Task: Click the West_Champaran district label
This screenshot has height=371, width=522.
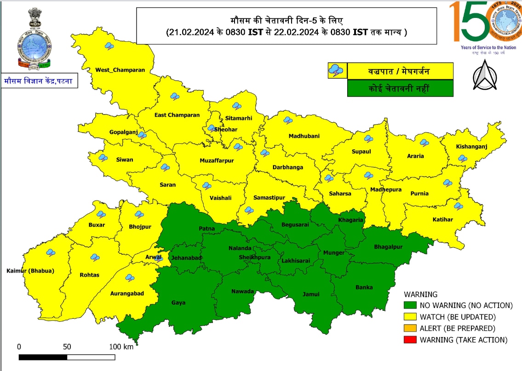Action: (x=120, y=70)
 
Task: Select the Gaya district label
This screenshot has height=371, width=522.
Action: (x=178, y=303)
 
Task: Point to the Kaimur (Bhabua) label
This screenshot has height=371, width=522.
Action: (x=30, y=271)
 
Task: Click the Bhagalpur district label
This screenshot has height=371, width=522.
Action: (x=388, y=247)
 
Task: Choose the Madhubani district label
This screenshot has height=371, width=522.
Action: (x=304, y=136)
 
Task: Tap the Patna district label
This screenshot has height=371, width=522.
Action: (x=207, y=228)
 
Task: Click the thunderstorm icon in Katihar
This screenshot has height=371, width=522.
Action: (x=458, y=206)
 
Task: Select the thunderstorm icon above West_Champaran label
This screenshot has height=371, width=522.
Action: (x=109, y=46)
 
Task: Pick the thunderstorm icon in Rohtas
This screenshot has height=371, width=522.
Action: (x=95, y=257)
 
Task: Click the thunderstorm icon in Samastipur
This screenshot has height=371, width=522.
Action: (x=249, y=211)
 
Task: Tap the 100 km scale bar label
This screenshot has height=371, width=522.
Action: (x=121, y=347)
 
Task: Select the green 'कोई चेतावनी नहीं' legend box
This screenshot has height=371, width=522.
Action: (x=400, y=88)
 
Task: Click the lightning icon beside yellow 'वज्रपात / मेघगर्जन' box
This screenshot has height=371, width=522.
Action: (x=336, y=71)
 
